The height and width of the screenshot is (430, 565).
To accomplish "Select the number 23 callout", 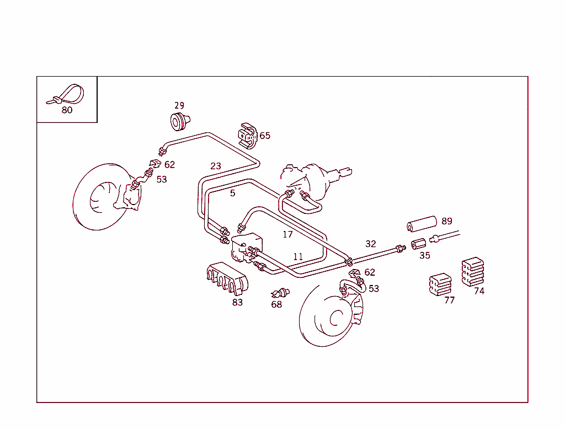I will pos(216,165).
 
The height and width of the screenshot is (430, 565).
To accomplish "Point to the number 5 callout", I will pos(233,193).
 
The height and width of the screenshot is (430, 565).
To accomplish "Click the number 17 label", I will pos(287,234).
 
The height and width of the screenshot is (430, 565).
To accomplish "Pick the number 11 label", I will pos(298,256).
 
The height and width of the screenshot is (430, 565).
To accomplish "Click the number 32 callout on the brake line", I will pos(371,244).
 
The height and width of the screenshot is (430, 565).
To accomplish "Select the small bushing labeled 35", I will pos(419,243).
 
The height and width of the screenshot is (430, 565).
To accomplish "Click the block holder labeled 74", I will pos(472,271).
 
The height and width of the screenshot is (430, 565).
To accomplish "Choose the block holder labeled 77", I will pos(440,284).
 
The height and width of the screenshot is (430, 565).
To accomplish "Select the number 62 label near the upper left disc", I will pos(169,165).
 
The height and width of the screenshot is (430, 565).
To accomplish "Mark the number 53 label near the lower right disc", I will pos(374,288).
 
